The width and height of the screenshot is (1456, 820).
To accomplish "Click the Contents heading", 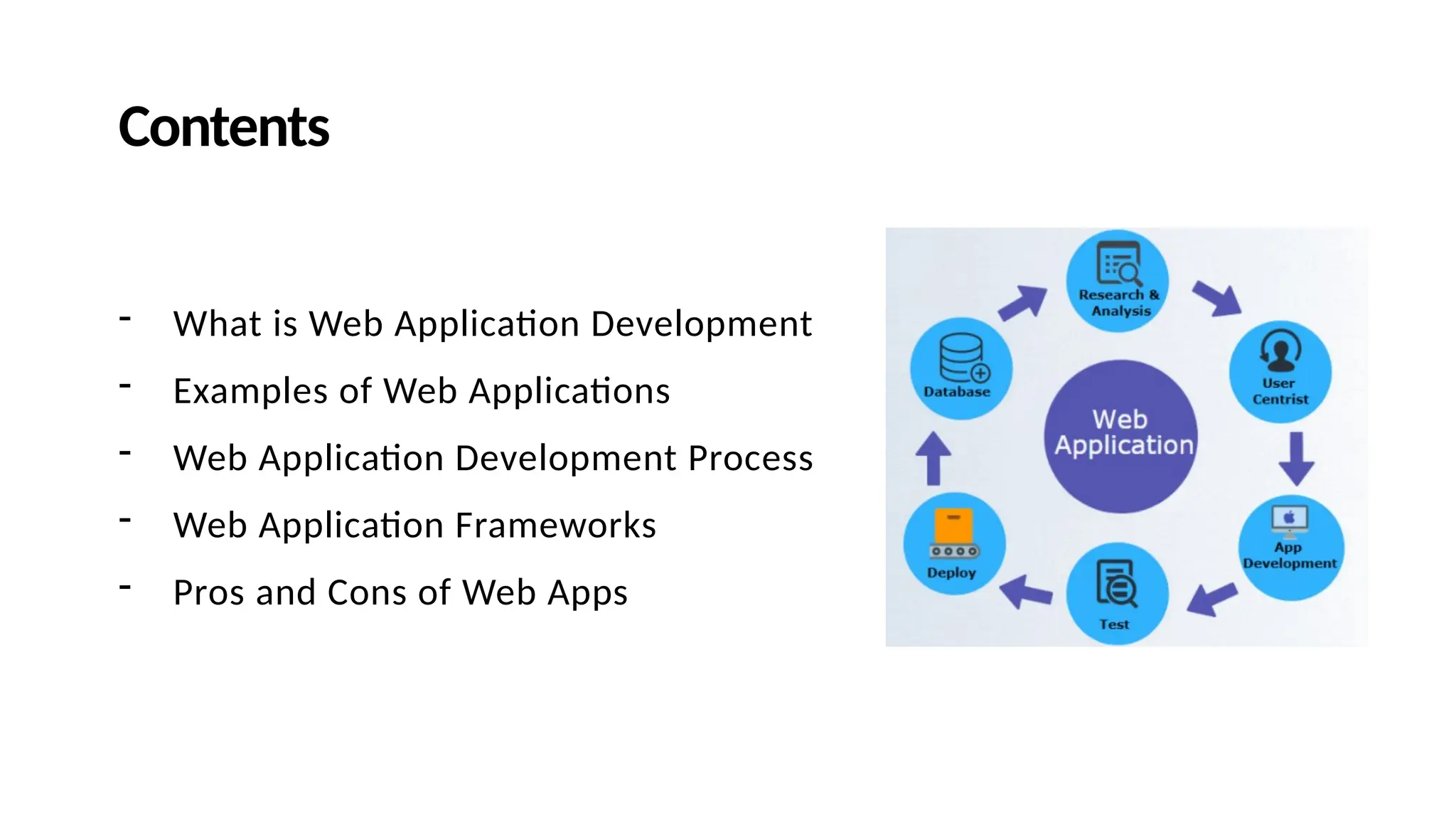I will click(x=223, y=127).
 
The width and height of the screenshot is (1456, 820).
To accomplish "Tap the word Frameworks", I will click(x=555, y=526).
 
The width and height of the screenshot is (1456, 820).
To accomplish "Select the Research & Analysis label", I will click(x=1120, y=303).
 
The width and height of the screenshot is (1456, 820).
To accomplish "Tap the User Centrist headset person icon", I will click(x=1280, y=351).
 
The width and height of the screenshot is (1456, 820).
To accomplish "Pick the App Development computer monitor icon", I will click(x=1290, y=521).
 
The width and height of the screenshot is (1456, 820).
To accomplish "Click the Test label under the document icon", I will click(x=1114, y=624).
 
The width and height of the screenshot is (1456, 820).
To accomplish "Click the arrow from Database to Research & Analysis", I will click(x=1023, y=304).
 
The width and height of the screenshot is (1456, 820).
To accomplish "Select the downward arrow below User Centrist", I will click(x=1296, y=459).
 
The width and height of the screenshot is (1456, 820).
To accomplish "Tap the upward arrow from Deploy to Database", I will click(x=933, y=458).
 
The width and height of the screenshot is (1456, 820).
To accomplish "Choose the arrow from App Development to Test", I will click(x=1211, y=598).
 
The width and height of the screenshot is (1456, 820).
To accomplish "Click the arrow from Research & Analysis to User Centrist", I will click(x=1217, y=298).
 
